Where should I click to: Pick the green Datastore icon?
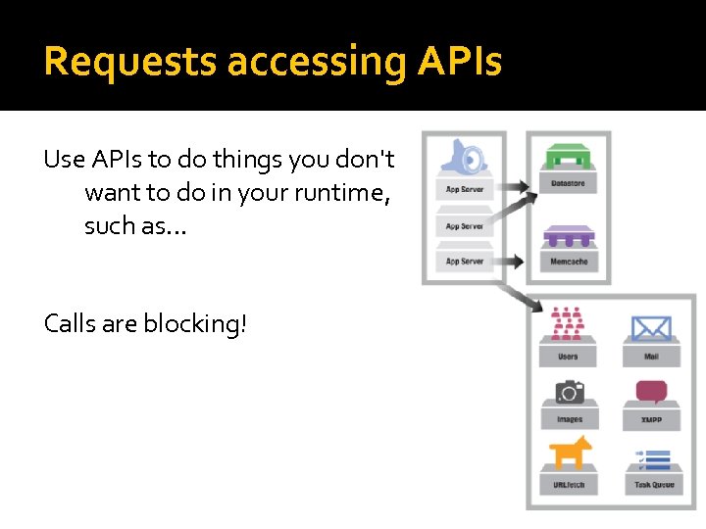569,158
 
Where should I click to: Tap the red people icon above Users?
568,322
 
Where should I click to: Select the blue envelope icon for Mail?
651,326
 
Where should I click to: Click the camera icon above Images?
569,392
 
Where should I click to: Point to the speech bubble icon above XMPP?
651,392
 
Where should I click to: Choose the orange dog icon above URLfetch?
569,453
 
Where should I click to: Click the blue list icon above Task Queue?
652,457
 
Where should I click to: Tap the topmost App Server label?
465,189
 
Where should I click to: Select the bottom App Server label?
465,262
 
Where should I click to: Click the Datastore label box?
569,183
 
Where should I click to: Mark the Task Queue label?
652,485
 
